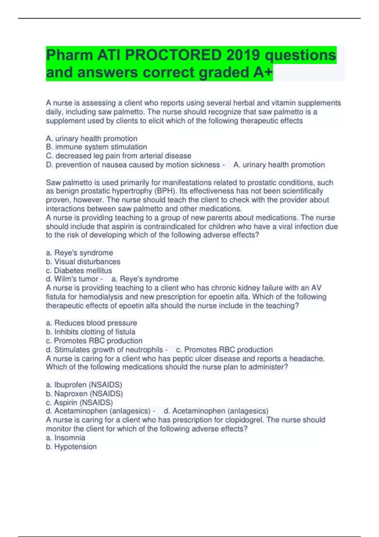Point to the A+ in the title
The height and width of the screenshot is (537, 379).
click(262, 72)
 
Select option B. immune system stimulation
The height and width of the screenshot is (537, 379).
click(96, 147)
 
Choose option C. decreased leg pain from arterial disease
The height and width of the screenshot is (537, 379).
click(118, 156)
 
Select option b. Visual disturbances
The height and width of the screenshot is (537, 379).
click(83, 262)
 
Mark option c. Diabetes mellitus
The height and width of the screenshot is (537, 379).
click(79, 270)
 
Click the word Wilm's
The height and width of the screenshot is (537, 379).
click(64, 279)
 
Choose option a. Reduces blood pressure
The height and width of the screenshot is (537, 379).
click(91, 323)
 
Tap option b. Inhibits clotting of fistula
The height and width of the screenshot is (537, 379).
click(90, 332)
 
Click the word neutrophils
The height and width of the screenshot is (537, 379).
click(144, 350)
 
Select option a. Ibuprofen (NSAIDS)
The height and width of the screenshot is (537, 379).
click(84, 385)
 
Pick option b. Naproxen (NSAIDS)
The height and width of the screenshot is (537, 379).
click(84, 394)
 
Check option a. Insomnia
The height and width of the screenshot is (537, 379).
click(65, 437)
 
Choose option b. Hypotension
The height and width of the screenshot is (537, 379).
click(71, 446)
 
